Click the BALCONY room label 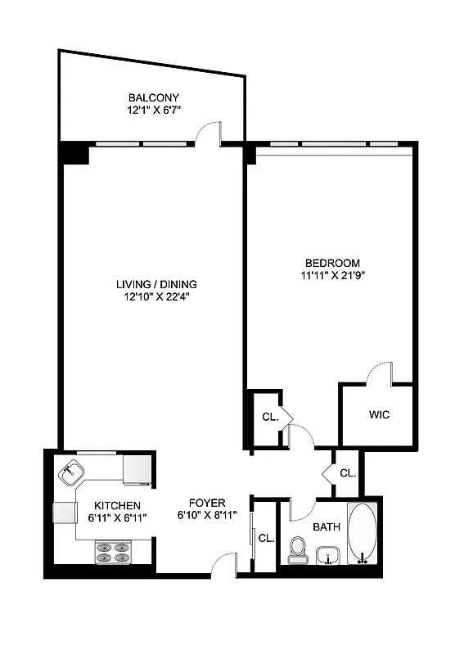(x=153, y=97)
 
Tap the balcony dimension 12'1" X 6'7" (x=153, y=109)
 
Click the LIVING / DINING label (x=155, y=284)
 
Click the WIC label (x=379, y=415)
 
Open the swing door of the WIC (x=378, y=373)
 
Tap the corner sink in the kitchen (x=71, y=472)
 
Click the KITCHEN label (x=116, y=505)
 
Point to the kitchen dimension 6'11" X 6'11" (x=116, y=517)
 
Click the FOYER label (x=207, y=503)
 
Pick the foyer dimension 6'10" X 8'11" (x=207, y=515)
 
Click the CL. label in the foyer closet (x=266, y=538)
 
